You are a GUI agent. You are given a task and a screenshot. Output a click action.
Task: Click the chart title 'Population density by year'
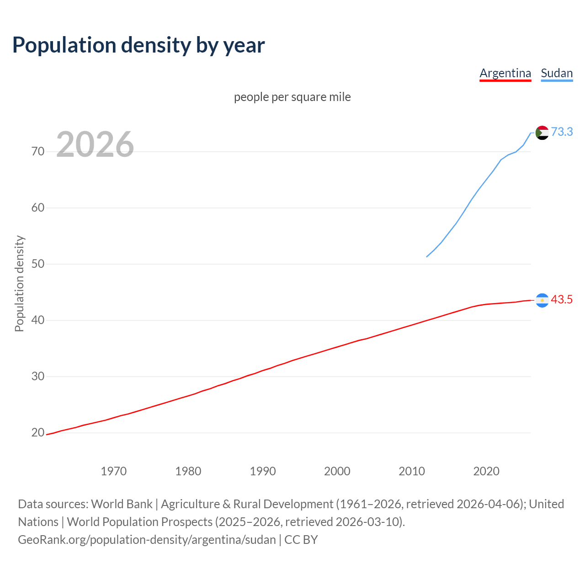click(138, 45)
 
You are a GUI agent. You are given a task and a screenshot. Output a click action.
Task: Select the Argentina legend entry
click(505, 73)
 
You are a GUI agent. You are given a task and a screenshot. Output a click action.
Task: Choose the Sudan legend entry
click(557, 73)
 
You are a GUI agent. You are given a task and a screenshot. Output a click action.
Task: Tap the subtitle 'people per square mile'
click(292, 97)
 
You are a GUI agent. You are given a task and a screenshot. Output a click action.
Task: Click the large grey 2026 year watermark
click(95, 144)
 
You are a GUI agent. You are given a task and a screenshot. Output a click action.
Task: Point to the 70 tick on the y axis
click(38, 151)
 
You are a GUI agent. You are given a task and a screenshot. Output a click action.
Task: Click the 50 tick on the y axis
click(38, 264)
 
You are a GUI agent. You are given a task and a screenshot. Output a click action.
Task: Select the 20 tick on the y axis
click(38, 432)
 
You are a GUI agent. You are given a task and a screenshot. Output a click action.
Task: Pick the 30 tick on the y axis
click(38, 376)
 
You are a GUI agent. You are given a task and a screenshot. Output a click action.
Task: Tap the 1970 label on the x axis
click(113, 471)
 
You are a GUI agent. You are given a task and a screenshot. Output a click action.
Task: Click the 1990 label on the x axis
click(262, 471)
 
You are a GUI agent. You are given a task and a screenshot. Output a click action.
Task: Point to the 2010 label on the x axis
click(411, 471)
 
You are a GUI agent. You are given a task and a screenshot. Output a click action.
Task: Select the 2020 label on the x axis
click(486, 471)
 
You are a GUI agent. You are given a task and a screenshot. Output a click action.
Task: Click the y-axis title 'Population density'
click(19, 283)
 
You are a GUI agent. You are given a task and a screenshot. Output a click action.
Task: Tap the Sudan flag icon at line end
click(542, 133)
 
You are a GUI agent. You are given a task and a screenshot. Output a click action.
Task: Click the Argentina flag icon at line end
click(542, 300)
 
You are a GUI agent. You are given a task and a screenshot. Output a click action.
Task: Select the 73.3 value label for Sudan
click(562, 132)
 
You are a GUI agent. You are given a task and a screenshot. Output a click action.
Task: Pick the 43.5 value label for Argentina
click(562, 299)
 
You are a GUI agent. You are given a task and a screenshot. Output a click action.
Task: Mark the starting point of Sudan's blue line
click(427, 256)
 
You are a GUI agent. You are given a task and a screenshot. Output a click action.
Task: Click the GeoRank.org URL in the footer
click(147, 539)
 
